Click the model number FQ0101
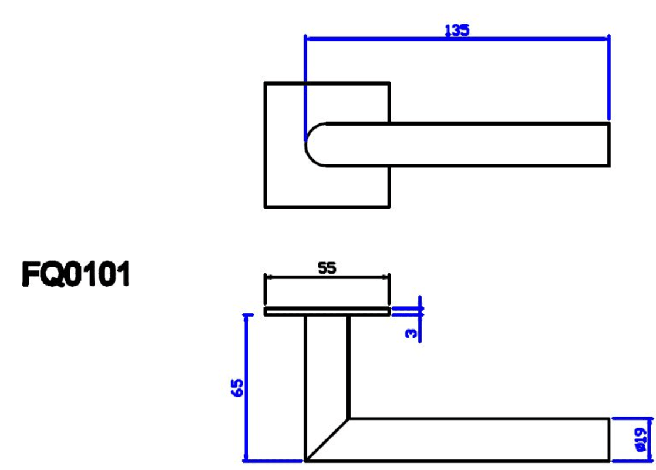click(x=76, y=274)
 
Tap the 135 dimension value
click(x=456, y=30)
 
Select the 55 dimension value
click(x=327, y=268)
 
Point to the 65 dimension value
click(x=237, y=388)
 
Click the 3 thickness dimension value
click(x=412, y=333)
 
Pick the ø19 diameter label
click(x=641, y=439)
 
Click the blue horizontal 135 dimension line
click(x=456, y=39)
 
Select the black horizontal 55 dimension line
click(x=327, y=277)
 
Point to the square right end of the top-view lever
click(x=609, y=145)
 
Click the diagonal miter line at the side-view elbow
click(x=327, y=439)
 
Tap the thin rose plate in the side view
click(x=327, y=311)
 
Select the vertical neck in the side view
click(x=327, y=366)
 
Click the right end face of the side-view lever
click(x=609, y=439)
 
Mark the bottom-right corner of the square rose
click(x=389, y=206)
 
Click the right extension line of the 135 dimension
click(x=609, y=78)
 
